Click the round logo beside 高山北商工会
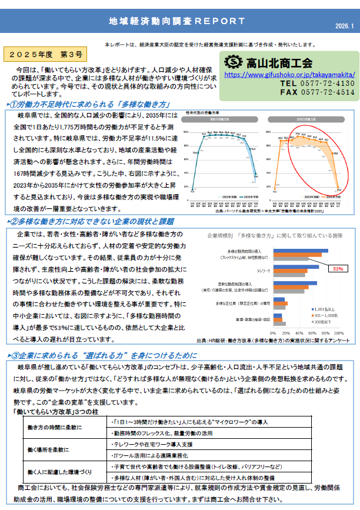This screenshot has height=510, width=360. point(234,62)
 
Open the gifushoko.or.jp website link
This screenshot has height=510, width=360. point(288,75)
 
